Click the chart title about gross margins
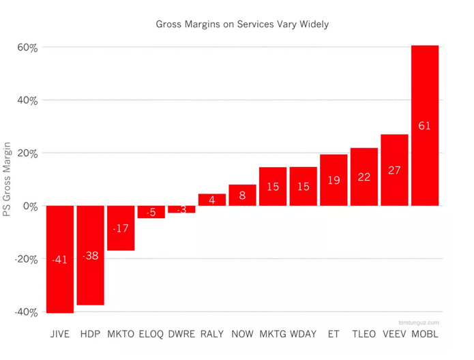coord(242,24)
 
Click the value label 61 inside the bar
coord(424,125)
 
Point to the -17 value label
coord(121,228)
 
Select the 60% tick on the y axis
coord(27,48)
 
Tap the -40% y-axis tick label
coord(26,312)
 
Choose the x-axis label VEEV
coord(394,334)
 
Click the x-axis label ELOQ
coord(151,334)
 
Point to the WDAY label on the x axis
coord(303,334)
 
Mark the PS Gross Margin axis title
coord(8,179)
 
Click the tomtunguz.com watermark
coord(419,322)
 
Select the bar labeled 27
coord(394,170)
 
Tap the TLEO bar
coord(364,177)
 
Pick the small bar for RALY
coord(212,200)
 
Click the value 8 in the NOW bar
coord(242,195)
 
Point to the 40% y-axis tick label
coord(27,100)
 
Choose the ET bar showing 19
coord(334,180)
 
